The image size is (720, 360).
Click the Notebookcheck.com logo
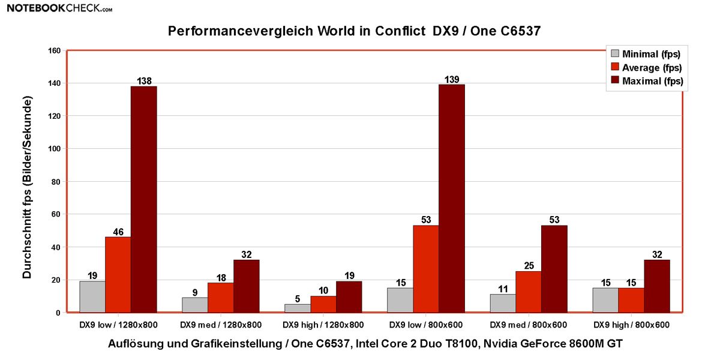click(x=56, y=8)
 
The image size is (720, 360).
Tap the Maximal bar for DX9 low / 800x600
click(x=451, y=198)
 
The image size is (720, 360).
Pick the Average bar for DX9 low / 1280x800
click(x=118, y=275)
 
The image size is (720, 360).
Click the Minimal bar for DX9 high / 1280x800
click(x=298, y=308)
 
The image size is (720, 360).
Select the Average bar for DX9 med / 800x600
click(x=529, y=292)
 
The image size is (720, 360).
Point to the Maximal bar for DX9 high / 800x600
click(x=656, y=286)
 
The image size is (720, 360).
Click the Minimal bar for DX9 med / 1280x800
click(x=195, y=305)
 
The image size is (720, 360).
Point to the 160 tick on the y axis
click(x=54, y=50)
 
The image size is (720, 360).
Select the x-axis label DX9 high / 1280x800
click(x=323, y=325)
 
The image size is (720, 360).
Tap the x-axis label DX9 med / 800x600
click(x=529, y=325)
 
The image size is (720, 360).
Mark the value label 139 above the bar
click(x=451, y=79)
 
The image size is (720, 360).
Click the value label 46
click(x=118, y=232)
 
